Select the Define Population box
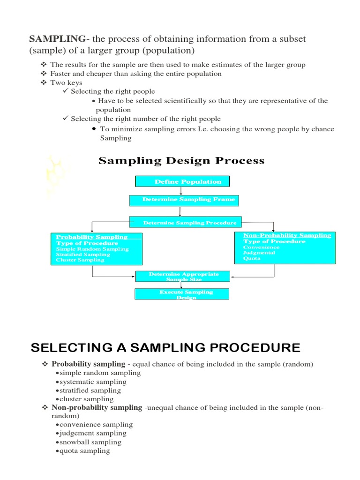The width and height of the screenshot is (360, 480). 182,181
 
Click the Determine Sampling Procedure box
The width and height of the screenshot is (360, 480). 186,223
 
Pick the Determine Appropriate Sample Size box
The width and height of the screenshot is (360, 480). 183,276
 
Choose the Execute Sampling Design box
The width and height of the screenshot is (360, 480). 182,294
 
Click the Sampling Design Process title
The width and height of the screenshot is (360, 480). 181,161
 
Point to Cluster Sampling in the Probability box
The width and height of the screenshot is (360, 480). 80,260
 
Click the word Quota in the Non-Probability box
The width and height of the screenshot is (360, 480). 252,258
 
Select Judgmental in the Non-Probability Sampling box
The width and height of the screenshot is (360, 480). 259,253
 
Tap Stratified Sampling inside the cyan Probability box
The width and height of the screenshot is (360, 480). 83,255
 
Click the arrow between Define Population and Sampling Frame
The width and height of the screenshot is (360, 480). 181,191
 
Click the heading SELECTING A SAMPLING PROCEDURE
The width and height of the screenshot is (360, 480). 165,348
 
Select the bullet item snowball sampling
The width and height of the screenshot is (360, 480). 90,442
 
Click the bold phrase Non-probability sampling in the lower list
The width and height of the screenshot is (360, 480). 97,407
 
